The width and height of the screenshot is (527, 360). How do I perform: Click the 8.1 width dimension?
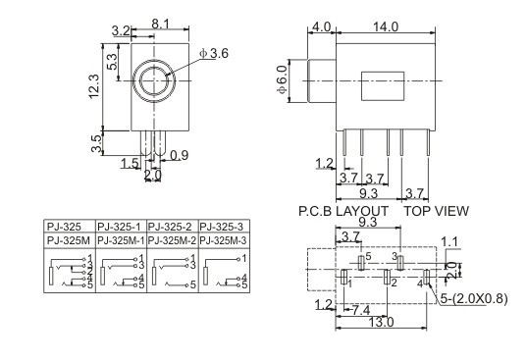coord(160,25)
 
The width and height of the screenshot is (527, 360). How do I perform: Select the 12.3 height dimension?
coord(94,86)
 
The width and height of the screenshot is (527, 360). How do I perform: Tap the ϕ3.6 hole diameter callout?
coord(214,53)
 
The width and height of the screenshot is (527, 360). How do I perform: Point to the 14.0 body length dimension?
coord(386,26)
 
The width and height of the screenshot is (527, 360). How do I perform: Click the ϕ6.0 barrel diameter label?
coord(282,79)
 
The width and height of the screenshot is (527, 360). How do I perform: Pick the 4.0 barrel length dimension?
coord(322,26)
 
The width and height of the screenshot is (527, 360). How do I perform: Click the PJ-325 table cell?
coord(64,227)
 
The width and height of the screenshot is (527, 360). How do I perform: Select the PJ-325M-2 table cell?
coord(172,240)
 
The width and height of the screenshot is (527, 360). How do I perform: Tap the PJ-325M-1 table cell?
coord(121,240)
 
